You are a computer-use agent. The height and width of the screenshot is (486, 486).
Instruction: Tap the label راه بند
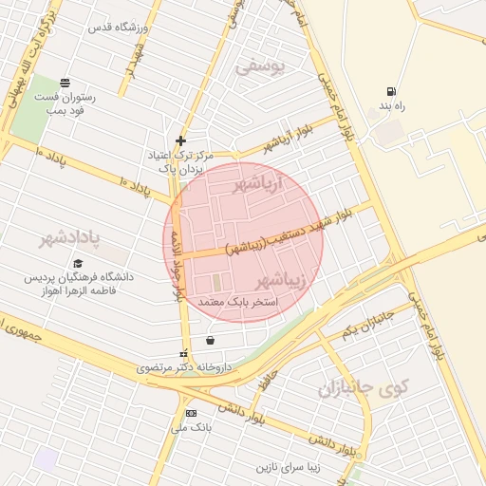tap(390, 106)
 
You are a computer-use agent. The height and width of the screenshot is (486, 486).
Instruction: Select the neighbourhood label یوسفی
tap(259, 67)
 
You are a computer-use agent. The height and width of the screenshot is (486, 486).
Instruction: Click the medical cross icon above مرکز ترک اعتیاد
tap(180, 140)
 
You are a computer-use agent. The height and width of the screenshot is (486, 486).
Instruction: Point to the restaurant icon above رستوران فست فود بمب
tap(64, 83)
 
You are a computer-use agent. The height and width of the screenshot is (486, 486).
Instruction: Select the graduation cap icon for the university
tap(78, 264)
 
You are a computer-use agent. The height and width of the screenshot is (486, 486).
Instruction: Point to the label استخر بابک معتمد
tap(237, 301)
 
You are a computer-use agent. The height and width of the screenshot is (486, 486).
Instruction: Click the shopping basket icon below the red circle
tap(210, 340)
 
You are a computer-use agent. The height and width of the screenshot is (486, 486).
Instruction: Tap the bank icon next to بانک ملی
tap(191, 413)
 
